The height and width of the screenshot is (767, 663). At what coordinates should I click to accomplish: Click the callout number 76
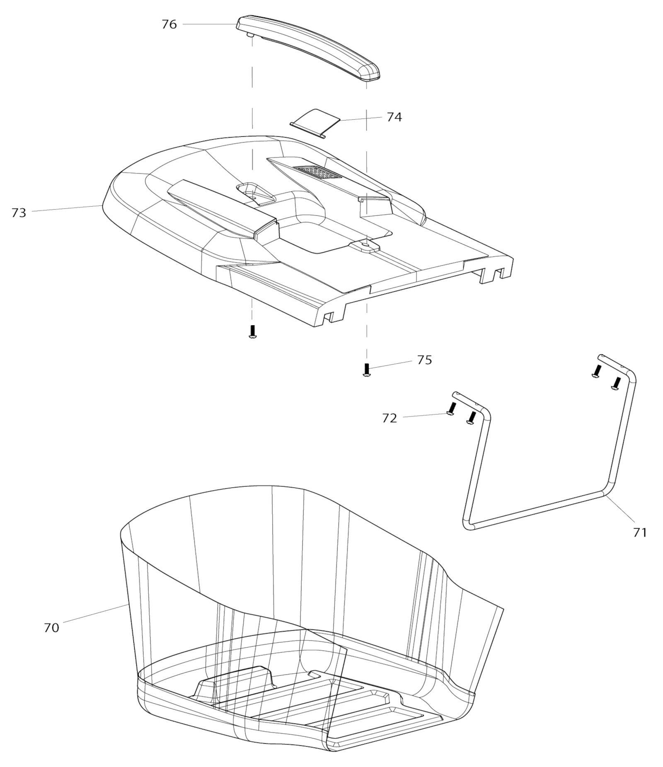point(169,24)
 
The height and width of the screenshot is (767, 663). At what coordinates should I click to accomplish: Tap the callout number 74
point(394,117)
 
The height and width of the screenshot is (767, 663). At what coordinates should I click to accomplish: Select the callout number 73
point(19,213)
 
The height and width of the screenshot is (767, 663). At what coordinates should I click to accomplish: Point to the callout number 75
point(424,360)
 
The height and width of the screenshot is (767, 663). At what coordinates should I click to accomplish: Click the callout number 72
point(390,418)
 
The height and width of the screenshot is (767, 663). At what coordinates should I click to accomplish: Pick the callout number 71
point(640,532)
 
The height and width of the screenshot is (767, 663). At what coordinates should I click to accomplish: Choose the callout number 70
point(51,628)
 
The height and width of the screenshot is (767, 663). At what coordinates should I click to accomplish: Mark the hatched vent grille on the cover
point(318,173)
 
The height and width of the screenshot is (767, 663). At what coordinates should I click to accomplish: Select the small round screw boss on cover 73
point(365,245)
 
